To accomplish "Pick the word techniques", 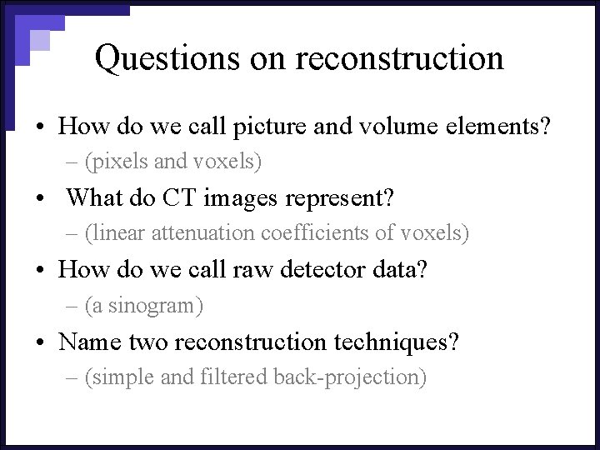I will click(x=397, y=342).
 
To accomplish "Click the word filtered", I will click(x=234, y=377).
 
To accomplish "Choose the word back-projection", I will click(x=350, y=377).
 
